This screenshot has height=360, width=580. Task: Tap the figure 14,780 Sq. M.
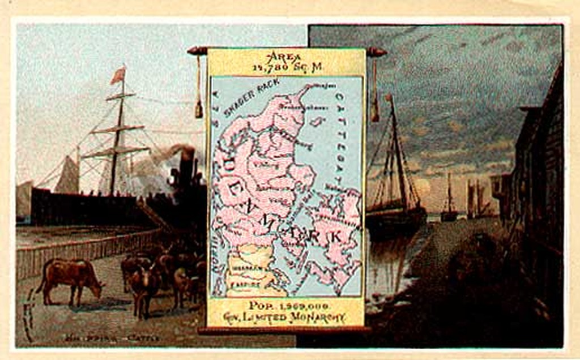click(x=287, y=67)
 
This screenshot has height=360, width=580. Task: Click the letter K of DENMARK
click(x=335, y=237)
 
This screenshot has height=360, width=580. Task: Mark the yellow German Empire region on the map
click(x=249, y=272)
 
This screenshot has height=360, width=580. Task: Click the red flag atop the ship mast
click(x=118, y=75)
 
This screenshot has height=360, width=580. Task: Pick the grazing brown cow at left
click(x=70, y=278)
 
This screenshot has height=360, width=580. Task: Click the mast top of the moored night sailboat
click(x=390, y=97)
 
